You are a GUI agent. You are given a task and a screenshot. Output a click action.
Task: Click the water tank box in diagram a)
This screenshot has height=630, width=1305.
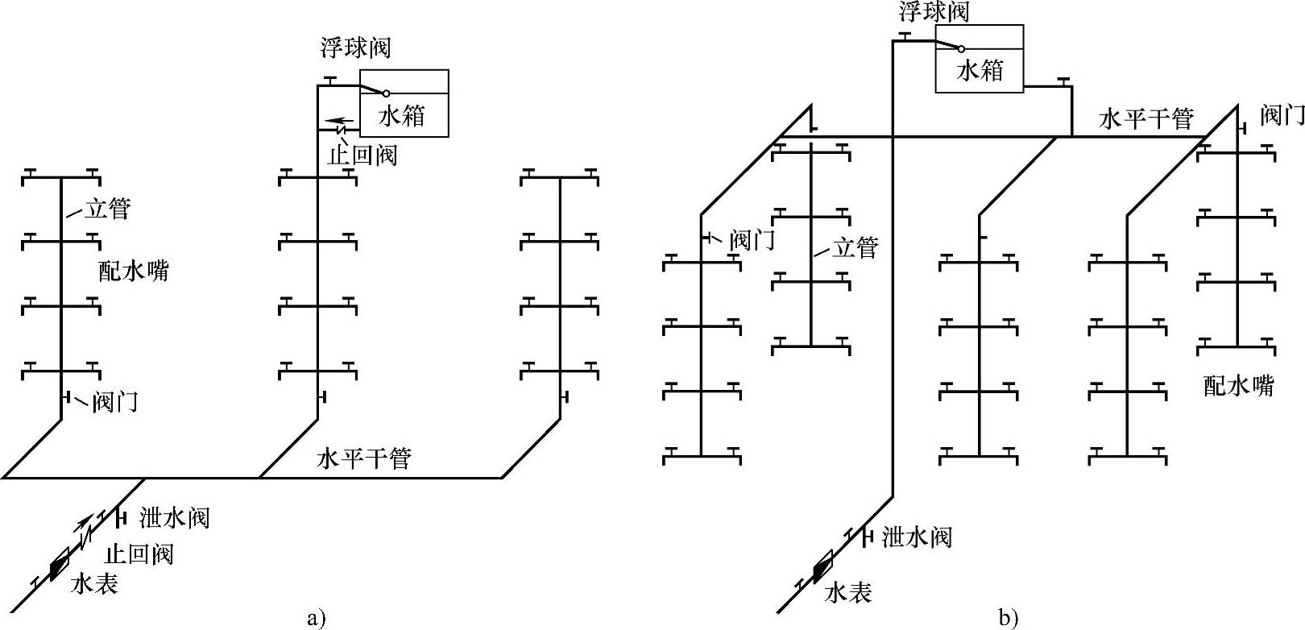pyautogui.click(x=403, y=103)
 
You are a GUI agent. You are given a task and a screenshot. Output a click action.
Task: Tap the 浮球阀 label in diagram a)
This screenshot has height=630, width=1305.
pyautogui.click(x=354, y=48)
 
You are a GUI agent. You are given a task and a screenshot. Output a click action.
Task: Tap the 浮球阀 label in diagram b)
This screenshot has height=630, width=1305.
pyautogui.click(x=934, y=11)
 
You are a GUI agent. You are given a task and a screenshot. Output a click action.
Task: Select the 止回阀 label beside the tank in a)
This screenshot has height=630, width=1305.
pyautogui.click(x=362, y=154)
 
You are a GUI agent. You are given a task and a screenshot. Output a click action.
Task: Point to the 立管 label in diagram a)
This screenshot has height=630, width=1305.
pyautogui.click(x=107, y=209)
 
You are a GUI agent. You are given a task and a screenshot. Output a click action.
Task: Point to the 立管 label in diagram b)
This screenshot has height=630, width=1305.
pyautogui.click(x=855, y=247)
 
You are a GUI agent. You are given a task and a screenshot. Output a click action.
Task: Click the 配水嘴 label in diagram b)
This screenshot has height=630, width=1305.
pyautogui.click(x=1239, y=386)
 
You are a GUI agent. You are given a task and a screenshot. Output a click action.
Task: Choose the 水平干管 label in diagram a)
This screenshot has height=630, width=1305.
pyautogui.click(x=365, y=458)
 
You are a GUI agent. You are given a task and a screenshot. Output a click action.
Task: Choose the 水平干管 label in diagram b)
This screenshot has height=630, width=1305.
pyautogui.click(x=1146, y=119)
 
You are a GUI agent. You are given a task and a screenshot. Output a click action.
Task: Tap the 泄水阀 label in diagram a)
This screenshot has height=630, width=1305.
pyautogui.click(x=175, y=516)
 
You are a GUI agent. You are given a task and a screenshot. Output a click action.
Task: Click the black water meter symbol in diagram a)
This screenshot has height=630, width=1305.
pyautogui.click(x=60, y=566)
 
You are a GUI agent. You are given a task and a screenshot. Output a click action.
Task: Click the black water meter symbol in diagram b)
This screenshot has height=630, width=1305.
pyautogui.click(x=822, y=567)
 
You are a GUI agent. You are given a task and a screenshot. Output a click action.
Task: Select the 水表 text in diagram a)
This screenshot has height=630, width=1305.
pyautogui.click(x=95, y=584)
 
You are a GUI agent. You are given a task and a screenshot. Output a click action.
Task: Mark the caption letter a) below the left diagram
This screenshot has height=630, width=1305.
pyautogui.click(x=316, y=619)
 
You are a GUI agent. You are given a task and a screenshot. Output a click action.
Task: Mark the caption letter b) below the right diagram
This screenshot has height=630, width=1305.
pyautogui.click(x=1009, y=619)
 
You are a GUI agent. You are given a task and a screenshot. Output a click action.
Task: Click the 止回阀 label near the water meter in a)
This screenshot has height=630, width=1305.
pyautogui.click(x=139, y=554)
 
